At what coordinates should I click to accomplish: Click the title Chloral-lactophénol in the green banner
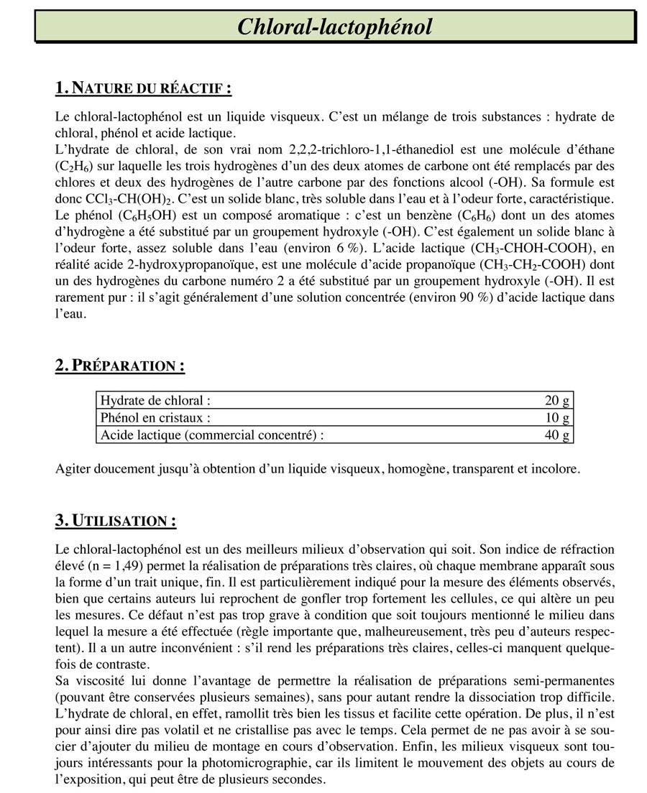[335, 27]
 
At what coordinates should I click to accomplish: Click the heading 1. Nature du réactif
[143, 88]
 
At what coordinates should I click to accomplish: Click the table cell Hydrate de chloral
[155, 401]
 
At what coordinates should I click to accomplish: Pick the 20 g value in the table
[557, 401]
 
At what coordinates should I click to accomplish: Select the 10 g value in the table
[557, 417]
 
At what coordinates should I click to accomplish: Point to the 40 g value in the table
[557, 434]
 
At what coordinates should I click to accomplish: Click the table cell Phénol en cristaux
[156, 417]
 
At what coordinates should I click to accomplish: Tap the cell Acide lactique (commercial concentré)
[212, 434]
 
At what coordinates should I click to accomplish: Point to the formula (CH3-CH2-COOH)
[529, 264]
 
